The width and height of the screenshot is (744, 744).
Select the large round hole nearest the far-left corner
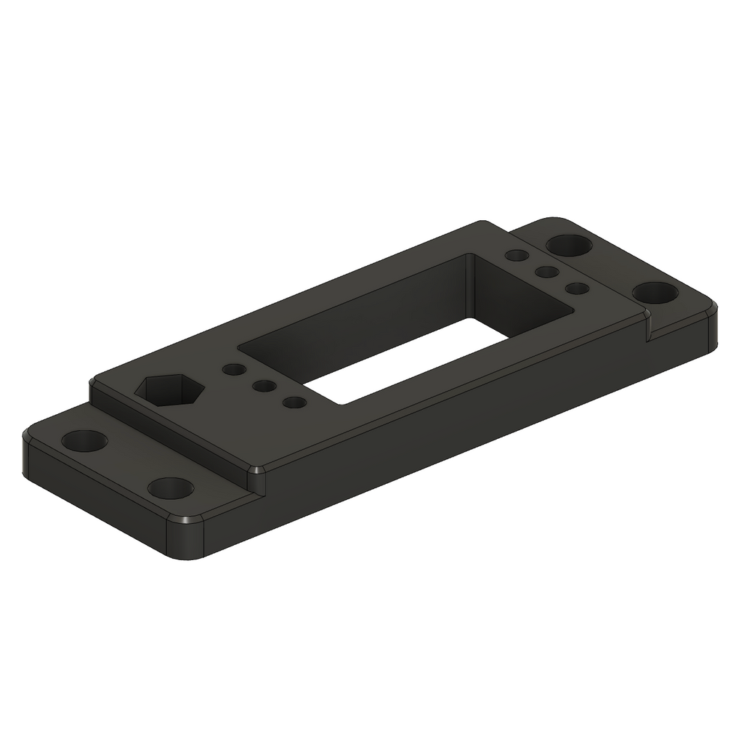point(85,440)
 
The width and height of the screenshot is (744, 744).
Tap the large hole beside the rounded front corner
point(171,488)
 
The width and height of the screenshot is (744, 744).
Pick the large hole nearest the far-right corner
point(655,293)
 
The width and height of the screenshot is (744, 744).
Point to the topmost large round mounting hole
point(569,245)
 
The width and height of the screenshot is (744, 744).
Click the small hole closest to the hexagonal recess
point(235,369)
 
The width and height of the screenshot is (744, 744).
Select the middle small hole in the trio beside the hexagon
point(264,386)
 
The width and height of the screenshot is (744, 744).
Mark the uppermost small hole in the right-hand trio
point(517,256)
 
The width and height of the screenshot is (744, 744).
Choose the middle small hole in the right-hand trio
point(546,272)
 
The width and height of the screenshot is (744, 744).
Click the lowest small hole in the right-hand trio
point(577,288)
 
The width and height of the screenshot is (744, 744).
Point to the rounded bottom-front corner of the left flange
point(186,538)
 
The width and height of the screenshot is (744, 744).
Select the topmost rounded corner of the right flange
point(556,220)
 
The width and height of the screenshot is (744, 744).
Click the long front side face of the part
point(450,436)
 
